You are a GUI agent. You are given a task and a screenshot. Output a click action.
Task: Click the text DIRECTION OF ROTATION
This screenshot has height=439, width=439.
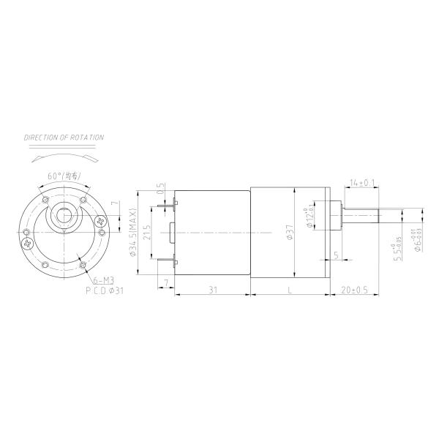pos(64,138)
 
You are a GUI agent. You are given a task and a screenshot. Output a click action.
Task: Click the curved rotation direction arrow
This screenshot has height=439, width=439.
pos(64,156)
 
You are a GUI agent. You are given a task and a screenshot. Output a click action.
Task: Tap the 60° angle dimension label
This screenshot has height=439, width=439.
pos(64,176)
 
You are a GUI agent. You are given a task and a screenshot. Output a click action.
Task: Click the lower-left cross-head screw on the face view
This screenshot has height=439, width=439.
pos(29,242)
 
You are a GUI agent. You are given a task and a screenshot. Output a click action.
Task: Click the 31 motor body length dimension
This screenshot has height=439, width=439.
pos(213,290)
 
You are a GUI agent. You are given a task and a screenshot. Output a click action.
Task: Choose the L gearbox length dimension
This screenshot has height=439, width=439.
pos(290,290)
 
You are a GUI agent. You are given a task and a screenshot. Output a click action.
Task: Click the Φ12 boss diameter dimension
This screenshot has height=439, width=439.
pos(310,217)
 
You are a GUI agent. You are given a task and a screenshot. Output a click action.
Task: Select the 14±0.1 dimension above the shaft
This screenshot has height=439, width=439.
pos(362,181)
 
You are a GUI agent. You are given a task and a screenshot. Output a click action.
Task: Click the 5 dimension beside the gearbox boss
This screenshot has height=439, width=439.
pos(336,255)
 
